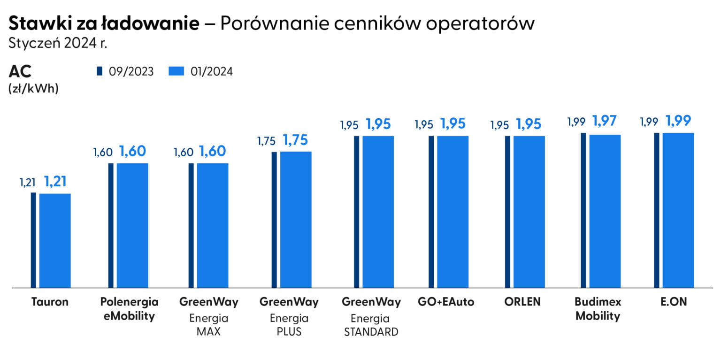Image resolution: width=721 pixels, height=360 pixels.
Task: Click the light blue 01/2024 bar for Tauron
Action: click(55, 240)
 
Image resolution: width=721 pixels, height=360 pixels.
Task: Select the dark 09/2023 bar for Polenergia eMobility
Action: click(111, 225)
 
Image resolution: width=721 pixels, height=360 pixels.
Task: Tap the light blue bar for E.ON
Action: click(678, 210)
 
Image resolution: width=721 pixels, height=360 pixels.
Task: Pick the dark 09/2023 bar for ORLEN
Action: click(507, 212)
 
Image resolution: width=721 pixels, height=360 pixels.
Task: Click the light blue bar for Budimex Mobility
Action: click(605, 211)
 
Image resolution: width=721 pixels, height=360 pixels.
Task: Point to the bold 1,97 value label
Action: click(605, 121)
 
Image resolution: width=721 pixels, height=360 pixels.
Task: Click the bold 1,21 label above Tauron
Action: click(55, 181)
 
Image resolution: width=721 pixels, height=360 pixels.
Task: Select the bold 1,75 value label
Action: click(296, 139)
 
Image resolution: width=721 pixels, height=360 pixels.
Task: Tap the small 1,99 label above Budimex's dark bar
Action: click(576, 122)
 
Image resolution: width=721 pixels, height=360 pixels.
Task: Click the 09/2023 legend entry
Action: click(125, 71)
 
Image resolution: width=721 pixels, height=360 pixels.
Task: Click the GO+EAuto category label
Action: click(445, 302)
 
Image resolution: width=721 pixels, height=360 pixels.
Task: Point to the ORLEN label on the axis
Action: click(522, 302)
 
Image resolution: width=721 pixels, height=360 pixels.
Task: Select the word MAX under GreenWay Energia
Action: click(208, 332)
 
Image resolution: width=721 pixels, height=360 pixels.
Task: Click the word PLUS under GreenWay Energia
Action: click(289, 332)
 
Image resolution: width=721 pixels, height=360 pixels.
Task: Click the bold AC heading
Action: click(20, 72)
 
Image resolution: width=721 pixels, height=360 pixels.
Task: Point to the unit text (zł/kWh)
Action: click(33, 88)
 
